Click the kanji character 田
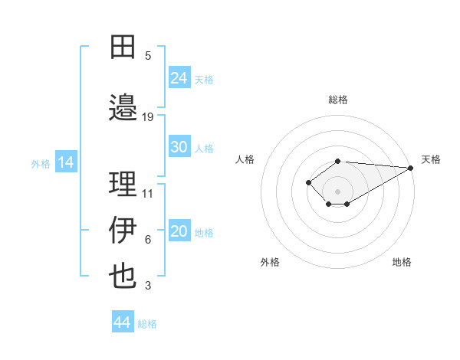click(123, 47)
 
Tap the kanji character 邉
click(123, 108)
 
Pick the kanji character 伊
click(123, 229)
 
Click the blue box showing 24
click(179, 77)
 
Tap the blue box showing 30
click(179, 147)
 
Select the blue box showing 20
click(179, 232)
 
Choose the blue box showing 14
click(66, 162)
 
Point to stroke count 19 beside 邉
click(148, 116)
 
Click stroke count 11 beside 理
click(148, 193)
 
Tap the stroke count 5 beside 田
click(148, 56)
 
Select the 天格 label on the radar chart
click(431, 159)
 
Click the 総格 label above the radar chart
click(337, 100)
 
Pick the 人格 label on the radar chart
click(245, 159)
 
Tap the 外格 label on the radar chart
click(270, 262)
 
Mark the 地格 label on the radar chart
click(402, 262)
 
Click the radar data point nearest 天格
click(412, 168)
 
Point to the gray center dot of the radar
click(337, 191)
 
